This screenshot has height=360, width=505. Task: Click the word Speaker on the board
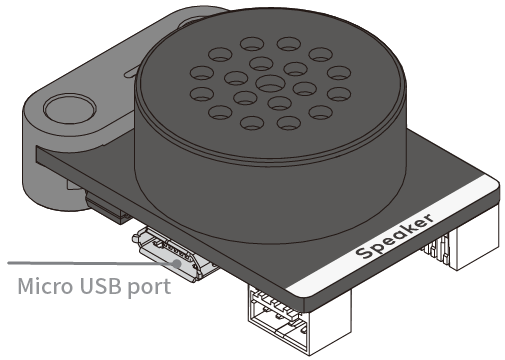(x=395, y=236)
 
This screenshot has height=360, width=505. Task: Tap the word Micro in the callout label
(x=45, y=286)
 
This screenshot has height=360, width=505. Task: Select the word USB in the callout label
(x=100, y=286)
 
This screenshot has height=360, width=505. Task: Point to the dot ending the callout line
(x=177, y=263)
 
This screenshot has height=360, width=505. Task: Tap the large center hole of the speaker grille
(x=270, y=83)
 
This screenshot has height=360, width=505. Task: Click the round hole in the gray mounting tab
(x=70, y=108)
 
